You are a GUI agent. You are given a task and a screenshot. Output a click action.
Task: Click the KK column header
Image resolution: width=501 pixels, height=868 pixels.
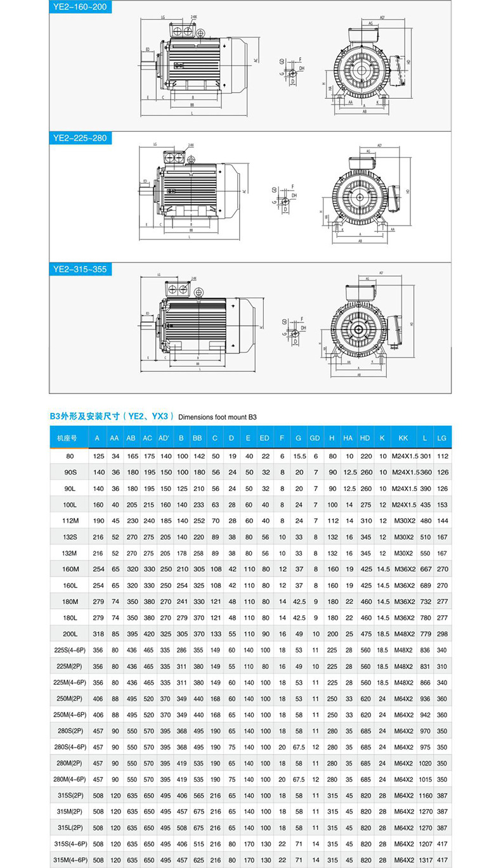403,438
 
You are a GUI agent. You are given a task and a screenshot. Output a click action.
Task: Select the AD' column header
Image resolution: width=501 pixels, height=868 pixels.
164,438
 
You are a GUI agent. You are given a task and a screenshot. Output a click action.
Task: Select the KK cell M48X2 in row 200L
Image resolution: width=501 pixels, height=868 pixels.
403,633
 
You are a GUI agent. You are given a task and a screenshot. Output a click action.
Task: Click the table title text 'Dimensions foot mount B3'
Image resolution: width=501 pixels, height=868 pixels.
218,418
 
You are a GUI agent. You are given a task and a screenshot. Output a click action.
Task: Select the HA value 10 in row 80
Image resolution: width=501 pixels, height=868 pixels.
348,456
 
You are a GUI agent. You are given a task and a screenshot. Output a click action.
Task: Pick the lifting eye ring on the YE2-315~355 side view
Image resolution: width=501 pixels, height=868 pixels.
199,292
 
